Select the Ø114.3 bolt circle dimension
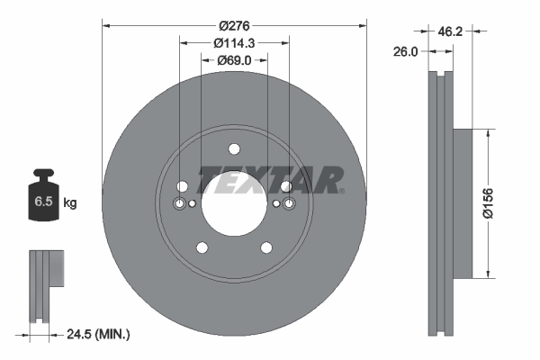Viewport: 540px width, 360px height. pos(234,41)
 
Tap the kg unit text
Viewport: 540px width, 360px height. pos(69,202)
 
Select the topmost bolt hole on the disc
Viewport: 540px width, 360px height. pos(234,149)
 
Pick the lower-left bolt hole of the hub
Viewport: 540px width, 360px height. pos(202,248)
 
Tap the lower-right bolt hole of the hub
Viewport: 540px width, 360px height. pos(266,248)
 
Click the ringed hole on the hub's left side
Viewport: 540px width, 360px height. pos(180,204)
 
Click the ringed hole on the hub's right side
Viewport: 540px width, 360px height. pos(288,204)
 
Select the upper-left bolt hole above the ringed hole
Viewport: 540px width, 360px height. pos(183,186)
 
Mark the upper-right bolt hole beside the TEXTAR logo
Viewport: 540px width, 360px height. pos(285,186)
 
